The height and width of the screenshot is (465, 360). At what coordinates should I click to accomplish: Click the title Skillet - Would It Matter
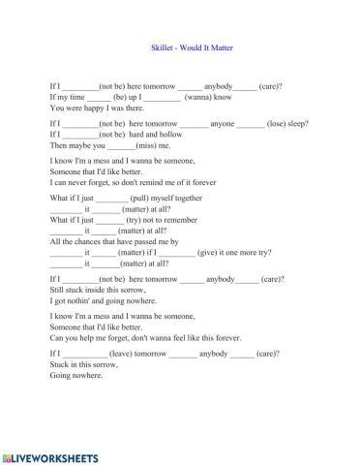pyautogui.click(x=180, y=57)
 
